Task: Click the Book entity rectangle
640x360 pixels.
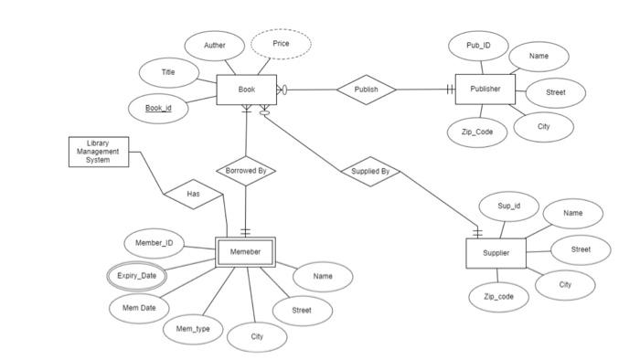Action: click(246, 90)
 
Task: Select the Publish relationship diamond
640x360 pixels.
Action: click(366, 90)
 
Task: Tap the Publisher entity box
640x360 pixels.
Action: click(485, 90)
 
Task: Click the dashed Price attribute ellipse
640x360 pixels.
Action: click(281, 44)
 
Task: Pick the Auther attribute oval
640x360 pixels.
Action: click(215, 45)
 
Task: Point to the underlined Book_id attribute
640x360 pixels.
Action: click(158, 109)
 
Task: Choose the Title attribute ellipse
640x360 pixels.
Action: click(168, 72)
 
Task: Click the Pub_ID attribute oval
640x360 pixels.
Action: click(478, 45)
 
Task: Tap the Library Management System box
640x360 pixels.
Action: click(98, 152)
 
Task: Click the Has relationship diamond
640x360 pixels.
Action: click(193, 194)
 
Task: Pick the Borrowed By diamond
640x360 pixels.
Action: click(245, 170)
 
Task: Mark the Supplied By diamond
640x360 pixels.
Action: click(370, 171)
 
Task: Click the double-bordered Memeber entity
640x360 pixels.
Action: click(245, 252)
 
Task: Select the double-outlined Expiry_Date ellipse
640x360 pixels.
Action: click(136, 275)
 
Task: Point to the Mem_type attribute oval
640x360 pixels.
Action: click(193, 328)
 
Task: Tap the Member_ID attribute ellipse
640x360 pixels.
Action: click(154, 243)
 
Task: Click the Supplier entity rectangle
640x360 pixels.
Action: click(496, 252)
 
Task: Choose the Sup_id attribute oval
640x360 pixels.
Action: click(509, 206)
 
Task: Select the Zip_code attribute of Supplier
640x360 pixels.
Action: click(499, 297)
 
